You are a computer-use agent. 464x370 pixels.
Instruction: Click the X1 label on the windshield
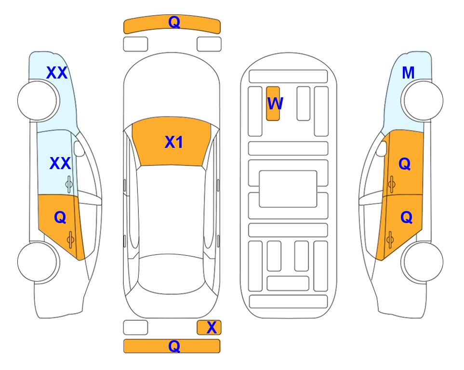(x=174, y=142)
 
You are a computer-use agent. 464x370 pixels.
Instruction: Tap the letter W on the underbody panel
(x=275, y=103)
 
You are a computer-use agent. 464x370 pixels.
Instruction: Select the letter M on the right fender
(x=408, y=73)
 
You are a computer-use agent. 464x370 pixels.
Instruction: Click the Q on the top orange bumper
(x=174, y=22)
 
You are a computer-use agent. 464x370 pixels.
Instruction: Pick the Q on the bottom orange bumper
(x=174, y=346)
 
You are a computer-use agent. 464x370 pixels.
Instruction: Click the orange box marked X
(x=209, y=328)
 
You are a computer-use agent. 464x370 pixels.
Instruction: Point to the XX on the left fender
(x=57, y=73)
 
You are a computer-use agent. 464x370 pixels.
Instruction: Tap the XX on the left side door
(x=60, y=163)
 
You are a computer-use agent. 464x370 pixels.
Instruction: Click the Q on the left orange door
(x=60, y=218)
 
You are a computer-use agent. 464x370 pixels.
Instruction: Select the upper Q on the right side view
(x=405, y=164)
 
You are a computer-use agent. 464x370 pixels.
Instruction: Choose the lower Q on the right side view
(x=406, y=218)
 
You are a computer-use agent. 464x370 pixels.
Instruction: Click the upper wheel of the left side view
(x=38, y=101)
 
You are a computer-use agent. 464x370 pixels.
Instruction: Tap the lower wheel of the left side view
(x=38, y=262)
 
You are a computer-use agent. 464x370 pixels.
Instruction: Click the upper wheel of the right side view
(x=423, y=101)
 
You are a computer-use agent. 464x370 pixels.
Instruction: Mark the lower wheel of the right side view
(x=423, y=262)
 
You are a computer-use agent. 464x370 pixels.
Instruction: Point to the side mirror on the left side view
(x=79, y=148)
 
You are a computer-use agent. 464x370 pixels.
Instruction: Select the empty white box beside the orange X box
(x=135, y=328)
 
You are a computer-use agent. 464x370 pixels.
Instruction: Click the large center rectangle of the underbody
(x=288, y=189)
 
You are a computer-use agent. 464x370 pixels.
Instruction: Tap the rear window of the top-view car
(x=172, y=274)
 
